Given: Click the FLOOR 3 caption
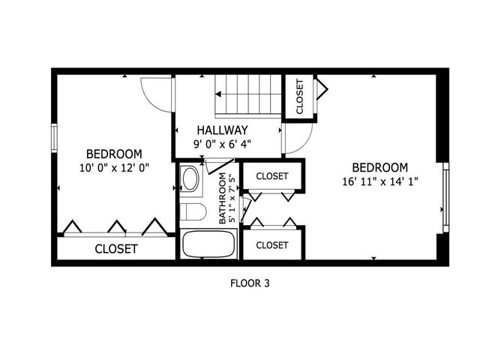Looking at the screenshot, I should (248, 283).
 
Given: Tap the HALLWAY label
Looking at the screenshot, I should (223, 129).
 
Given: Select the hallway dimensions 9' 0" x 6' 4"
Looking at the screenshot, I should (223, 143).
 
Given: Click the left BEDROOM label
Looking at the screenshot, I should (113, 154).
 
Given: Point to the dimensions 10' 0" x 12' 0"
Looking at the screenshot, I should (113, 168).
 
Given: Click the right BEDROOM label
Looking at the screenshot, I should (380, 166).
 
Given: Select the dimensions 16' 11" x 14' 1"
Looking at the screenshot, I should (380, 181).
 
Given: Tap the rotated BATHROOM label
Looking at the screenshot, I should (223, 199).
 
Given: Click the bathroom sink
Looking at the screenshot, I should (190, 180).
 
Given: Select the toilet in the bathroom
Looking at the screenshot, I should (193, 213).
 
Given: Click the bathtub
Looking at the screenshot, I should (208, 244).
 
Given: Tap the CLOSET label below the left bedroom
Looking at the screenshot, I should (115, 248).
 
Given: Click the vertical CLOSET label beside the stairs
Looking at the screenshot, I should (300, 96).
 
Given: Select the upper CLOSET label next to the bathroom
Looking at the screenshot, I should (272, 176).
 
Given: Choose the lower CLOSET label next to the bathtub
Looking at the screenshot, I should (272, 245).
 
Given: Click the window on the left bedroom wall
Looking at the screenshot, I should (54, 137).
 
